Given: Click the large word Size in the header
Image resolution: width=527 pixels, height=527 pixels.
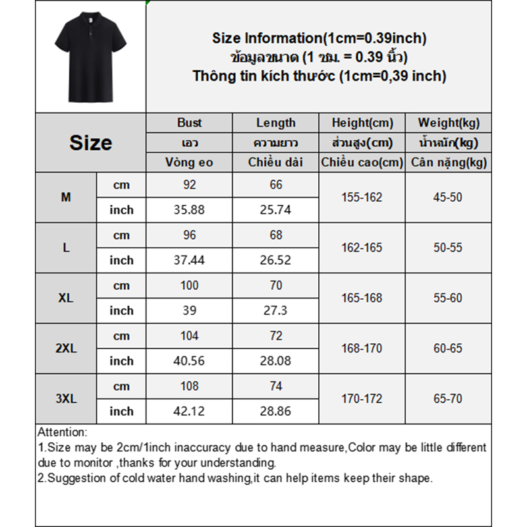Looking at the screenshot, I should tap(90, 143).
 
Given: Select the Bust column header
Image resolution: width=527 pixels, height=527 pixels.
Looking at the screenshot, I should tap(190, 123).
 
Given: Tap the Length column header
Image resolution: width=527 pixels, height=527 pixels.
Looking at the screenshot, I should tap(276, 123).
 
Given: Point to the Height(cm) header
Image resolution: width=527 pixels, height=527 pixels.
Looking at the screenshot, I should tap(362, 123).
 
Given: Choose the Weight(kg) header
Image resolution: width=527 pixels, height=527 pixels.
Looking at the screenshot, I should tap(449, 123).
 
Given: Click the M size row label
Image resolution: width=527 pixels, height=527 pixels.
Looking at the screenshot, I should tap(66, 197).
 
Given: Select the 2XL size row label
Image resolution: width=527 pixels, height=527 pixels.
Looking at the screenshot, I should tap(66, 348).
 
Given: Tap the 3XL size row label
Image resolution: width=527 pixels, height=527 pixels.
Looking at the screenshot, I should tap(66, 399).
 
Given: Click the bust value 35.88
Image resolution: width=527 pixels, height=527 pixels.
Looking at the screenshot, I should tap(190, 210).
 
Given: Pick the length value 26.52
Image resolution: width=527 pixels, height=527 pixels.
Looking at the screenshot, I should tap(276, 260).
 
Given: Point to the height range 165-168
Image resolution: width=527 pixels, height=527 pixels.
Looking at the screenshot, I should tap(362, 298).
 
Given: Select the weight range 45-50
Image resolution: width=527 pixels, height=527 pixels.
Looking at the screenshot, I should tap(448, 197).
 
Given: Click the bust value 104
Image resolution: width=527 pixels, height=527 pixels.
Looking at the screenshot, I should tap(190, 336).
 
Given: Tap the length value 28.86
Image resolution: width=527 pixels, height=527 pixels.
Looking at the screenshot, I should tap(276, 411).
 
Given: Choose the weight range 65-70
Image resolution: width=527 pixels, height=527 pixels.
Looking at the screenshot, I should tap(448, 399).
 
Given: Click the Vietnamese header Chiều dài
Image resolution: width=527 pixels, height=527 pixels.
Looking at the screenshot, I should tap(276, 162).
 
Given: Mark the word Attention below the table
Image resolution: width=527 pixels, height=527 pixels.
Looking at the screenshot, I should tap(62, 433).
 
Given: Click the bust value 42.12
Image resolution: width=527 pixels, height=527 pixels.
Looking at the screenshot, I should tap(190, 411).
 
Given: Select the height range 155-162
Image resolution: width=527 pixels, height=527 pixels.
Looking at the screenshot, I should tap(362, 197).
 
